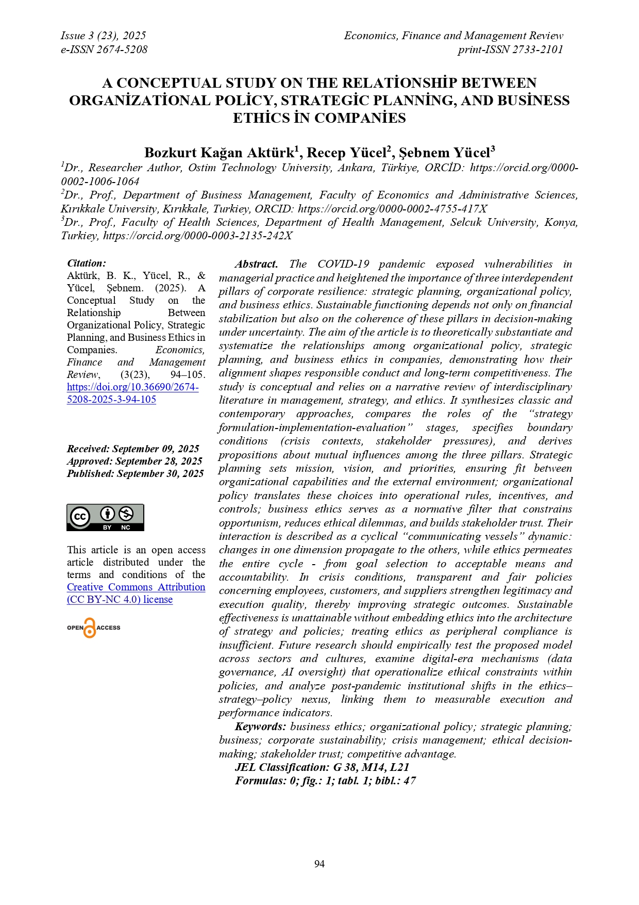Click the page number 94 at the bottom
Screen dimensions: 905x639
[x=320, y=864]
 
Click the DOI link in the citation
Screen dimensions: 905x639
[x=132, y=393]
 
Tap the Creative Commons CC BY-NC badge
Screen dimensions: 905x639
[x=105, y=517]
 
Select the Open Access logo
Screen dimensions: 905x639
[x=93, y=628]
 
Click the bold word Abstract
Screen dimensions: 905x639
[x=256, y=264]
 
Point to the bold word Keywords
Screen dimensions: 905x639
[x=260, y=727]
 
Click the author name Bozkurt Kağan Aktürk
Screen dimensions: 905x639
[x=219, y=153]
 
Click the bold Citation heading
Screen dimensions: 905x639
[x=87, y=263]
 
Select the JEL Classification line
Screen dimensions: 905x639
[x=322, y=767]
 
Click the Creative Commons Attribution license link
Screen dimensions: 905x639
[x=136, y=593]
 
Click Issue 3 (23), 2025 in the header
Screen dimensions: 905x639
[x=103, y=36]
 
